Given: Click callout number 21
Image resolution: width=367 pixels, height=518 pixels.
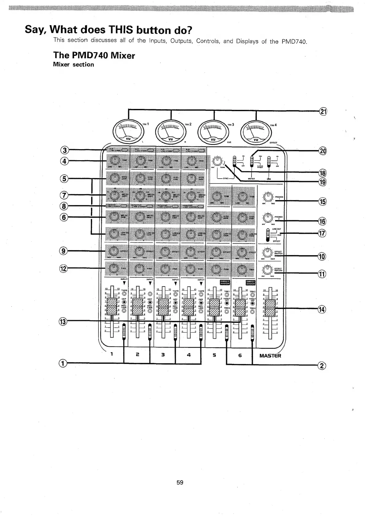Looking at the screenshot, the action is pyautogui.click(x=323, y=111).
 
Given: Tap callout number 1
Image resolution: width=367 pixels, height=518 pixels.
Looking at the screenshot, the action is pyautogui.click(x=63, y=364).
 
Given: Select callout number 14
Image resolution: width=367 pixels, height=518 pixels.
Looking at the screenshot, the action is pyautogui.click(x=321, y=310).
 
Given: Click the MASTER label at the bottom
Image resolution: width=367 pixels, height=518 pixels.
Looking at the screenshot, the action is pyautogui.click(x=270, y=356).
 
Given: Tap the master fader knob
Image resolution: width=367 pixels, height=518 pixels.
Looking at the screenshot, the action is pyautogui.click(x=270, y=308).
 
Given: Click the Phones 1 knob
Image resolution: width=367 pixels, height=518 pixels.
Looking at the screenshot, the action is pyautogui.click(x=268, y=197).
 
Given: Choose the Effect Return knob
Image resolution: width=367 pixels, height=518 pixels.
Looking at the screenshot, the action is pyautogui.click(x=267, y=270).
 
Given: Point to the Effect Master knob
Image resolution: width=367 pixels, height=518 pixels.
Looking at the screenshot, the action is pyautogui.click(x=267, y=253).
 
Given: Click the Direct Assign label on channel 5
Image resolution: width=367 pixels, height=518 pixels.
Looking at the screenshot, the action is pyautogui.click(x=225, y=282).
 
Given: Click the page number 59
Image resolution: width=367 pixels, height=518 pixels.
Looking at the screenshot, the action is pyautogui.click(x=180, y=482).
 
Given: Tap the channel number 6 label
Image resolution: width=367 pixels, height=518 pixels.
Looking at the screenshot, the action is pyautogui.click(x=240, y=355).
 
